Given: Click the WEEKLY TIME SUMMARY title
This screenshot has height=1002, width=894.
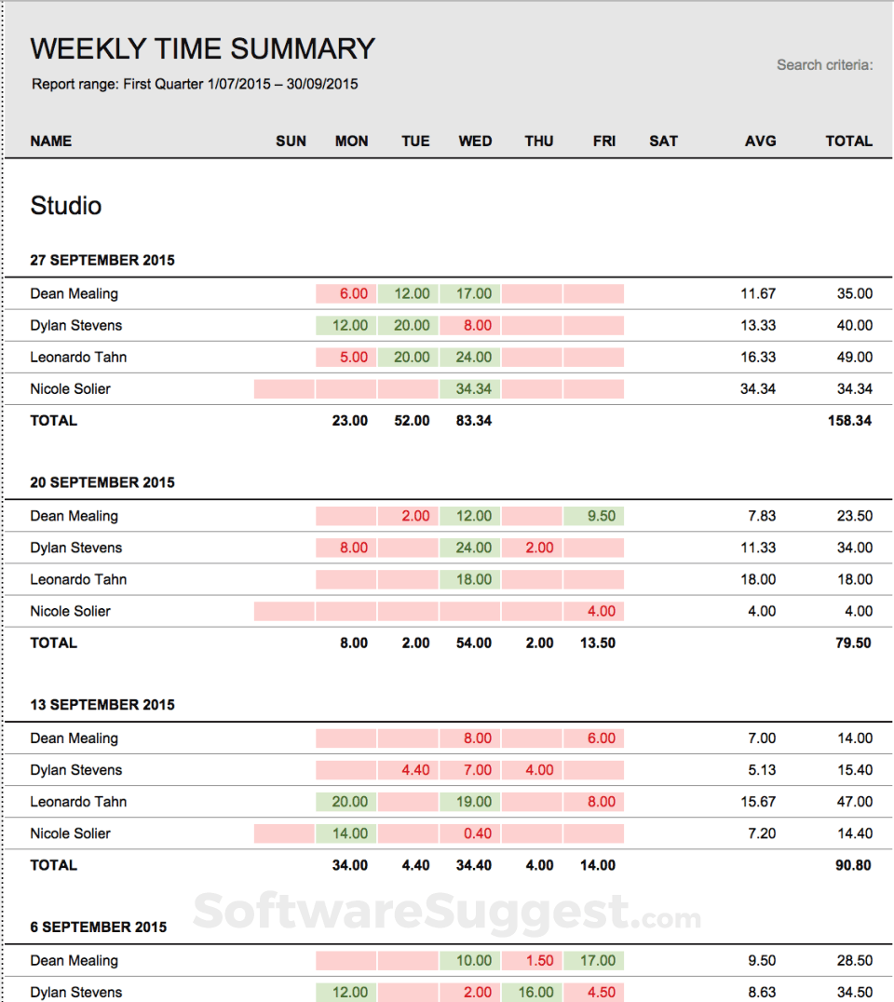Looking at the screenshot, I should tap(202, 48).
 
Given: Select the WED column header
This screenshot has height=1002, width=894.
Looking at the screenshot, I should tap(475, 142).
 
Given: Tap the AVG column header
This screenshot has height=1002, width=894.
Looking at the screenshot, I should tap(760, 142).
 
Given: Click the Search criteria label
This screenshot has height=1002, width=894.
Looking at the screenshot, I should tap(824, 65).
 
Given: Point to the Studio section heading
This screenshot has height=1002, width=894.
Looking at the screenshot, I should tap(66, 206).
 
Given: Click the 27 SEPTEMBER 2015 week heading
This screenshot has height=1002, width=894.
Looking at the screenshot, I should tap(102, 261).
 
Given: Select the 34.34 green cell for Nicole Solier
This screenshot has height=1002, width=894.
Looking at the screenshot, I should tap(474, 389).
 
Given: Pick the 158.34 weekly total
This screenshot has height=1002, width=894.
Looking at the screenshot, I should tap(848, 421).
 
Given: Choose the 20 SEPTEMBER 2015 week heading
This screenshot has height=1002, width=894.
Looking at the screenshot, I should tap(102, 483).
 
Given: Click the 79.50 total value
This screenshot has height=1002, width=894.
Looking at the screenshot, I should tap(852, 643).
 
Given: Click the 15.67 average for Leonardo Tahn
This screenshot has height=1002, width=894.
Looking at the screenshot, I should tap(757, 802).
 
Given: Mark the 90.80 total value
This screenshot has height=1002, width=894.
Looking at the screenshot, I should tap(852, 865).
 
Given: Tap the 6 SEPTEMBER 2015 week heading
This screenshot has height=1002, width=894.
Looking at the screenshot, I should tap(99, 928).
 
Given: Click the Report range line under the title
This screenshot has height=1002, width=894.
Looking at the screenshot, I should tap(195, 85).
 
